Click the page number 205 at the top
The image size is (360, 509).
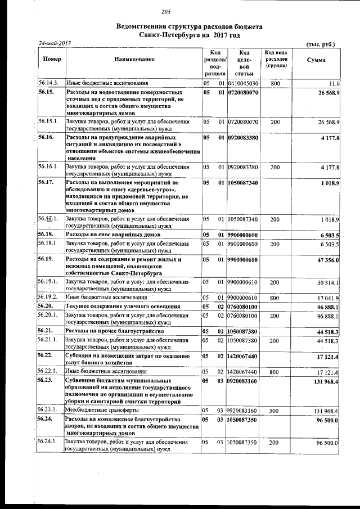point(165,12)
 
